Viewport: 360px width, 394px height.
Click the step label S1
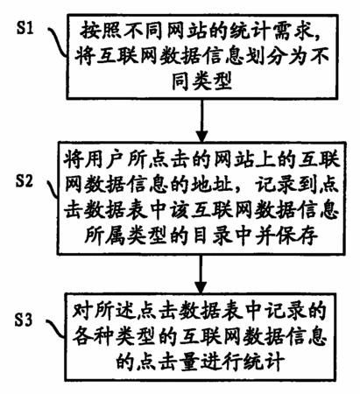(25, 28)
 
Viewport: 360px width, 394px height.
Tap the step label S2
(25, 181)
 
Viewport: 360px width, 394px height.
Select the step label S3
(24, 320)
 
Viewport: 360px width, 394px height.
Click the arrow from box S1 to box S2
(201, 121)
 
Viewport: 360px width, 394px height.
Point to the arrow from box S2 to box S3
(201, 274)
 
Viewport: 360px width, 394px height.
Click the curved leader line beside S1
(57, 42)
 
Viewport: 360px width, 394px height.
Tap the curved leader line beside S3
(55, 329)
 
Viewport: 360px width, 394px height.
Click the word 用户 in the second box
(95, 159)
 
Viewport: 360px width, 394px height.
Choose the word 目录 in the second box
(213, 235)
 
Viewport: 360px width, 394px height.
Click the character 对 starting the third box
(82, 313)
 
